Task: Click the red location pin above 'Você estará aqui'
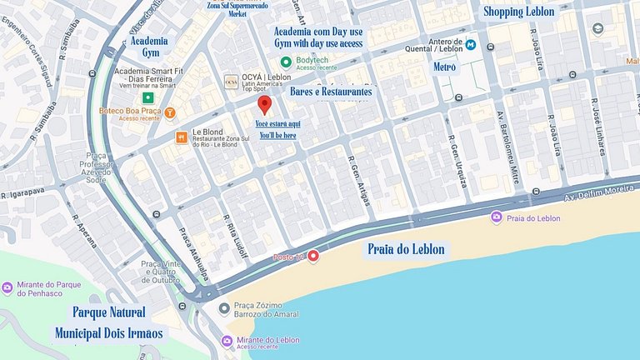[265, 105]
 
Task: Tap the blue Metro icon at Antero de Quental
[471, 44]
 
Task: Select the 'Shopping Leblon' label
[518, 12]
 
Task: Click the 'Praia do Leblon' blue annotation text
[406, 249]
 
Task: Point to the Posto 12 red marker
[313, 256]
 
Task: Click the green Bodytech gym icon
[286, 62]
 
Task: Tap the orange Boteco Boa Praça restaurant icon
[170, 112]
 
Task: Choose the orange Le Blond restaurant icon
[181, 137]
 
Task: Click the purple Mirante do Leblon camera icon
[227, 341]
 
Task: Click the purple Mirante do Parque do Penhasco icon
[7, 288]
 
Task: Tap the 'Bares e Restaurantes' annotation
[331, 91]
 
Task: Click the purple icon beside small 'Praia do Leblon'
[496, 217]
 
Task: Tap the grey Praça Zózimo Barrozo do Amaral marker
[223, 309]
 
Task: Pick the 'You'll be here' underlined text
[277, 135]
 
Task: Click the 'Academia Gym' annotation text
[151, 47]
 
